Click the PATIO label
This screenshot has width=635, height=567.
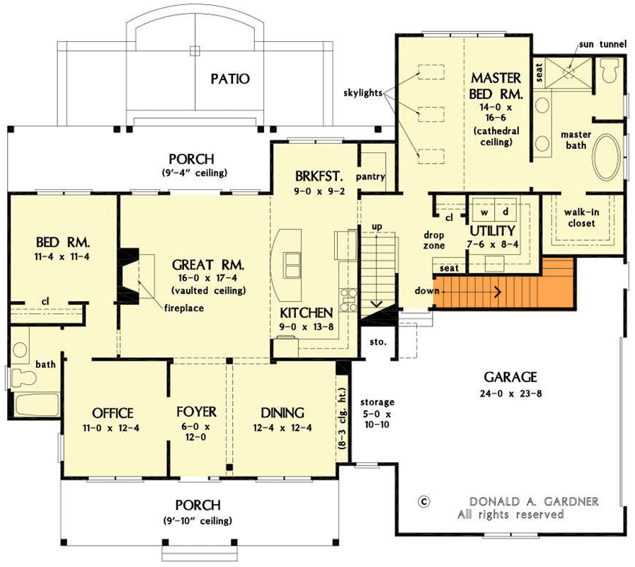(x=229, y=78)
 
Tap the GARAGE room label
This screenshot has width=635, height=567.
(x=510, y=376)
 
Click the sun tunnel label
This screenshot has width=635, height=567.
(x=602, y=44)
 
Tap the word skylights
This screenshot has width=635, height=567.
(x=362, y=92)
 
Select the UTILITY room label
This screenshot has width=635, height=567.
(x=492, y=231)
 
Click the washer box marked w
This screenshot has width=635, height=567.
(x=485, y=212)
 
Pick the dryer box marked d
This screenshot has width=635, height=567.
(x=504, y=212)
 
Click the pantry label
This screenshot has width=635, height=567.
(x=371, y=176)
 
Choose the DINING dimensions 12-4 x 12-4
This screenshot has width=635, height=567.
(x=282, y=427)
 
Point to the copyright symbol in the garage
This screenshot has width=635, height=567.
(x=424, y=500)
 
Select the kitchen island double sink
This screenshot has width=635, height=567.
(x=292, y=263)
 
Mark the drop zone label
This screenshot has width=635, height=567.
(x=434, y=240)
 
